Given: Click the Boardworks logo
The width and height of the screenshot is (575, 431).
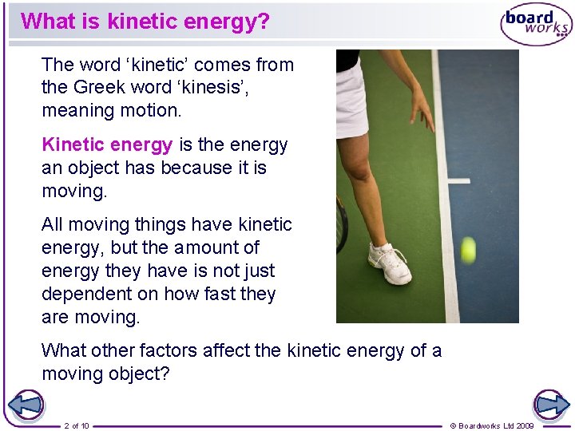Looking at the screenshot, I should point(536,25).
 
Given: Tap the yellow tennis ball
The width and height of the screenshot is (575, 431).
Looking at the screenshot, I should point(467,250).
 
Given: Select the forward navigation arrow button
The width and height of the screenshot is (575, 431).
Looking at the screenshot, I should point(551,405).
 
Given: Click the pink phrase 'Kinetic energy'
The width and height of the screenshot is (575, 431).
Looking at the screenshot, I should point(107,145).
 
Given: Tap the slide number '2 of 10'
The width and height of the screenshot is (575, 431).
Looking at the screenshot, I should point(77,425).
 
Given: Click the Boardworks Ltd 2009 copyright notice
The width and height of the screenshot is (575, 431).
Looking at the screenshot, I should point(493,425).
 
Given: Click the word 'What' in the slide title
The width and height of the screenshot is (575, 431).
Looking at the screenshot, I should point(46,21).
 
